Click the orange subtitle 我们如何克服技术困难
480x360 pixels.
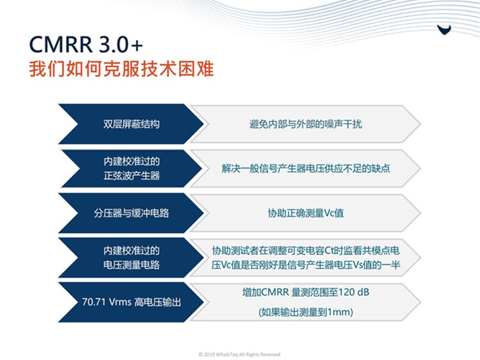point(121,68)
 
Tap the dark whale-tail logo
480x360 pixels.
point(444,29)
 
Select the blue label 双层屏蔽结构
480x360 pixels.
point(131,124)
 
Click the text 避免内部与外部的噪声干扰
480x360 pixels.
point(305,124)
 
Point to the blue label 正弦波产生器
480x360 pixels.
point(132,176)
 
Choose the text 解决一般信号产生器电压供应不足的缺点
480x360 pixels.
point(305,169)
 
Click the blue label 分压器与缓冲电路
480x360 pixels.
point(131,213)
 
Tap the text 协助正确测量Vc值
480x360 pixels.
point(305,213)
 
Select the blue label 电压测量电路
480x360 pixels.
point(132,265)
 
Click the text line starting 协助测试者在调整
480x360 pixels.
point(305,251)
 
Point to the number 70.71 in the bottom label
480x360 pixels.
point(93,302)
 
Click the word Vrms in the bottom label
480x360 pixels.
point(120,302)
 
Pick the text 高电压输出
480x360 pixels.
point(157,302)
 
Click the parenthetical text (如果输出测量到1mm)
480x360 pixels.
point(305,312)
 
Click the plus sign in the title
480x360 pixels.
point(137,45)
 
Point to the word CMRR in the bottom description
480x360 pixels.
point(275,292)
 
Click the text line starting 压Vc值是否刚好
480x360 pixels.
point(305,265)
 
